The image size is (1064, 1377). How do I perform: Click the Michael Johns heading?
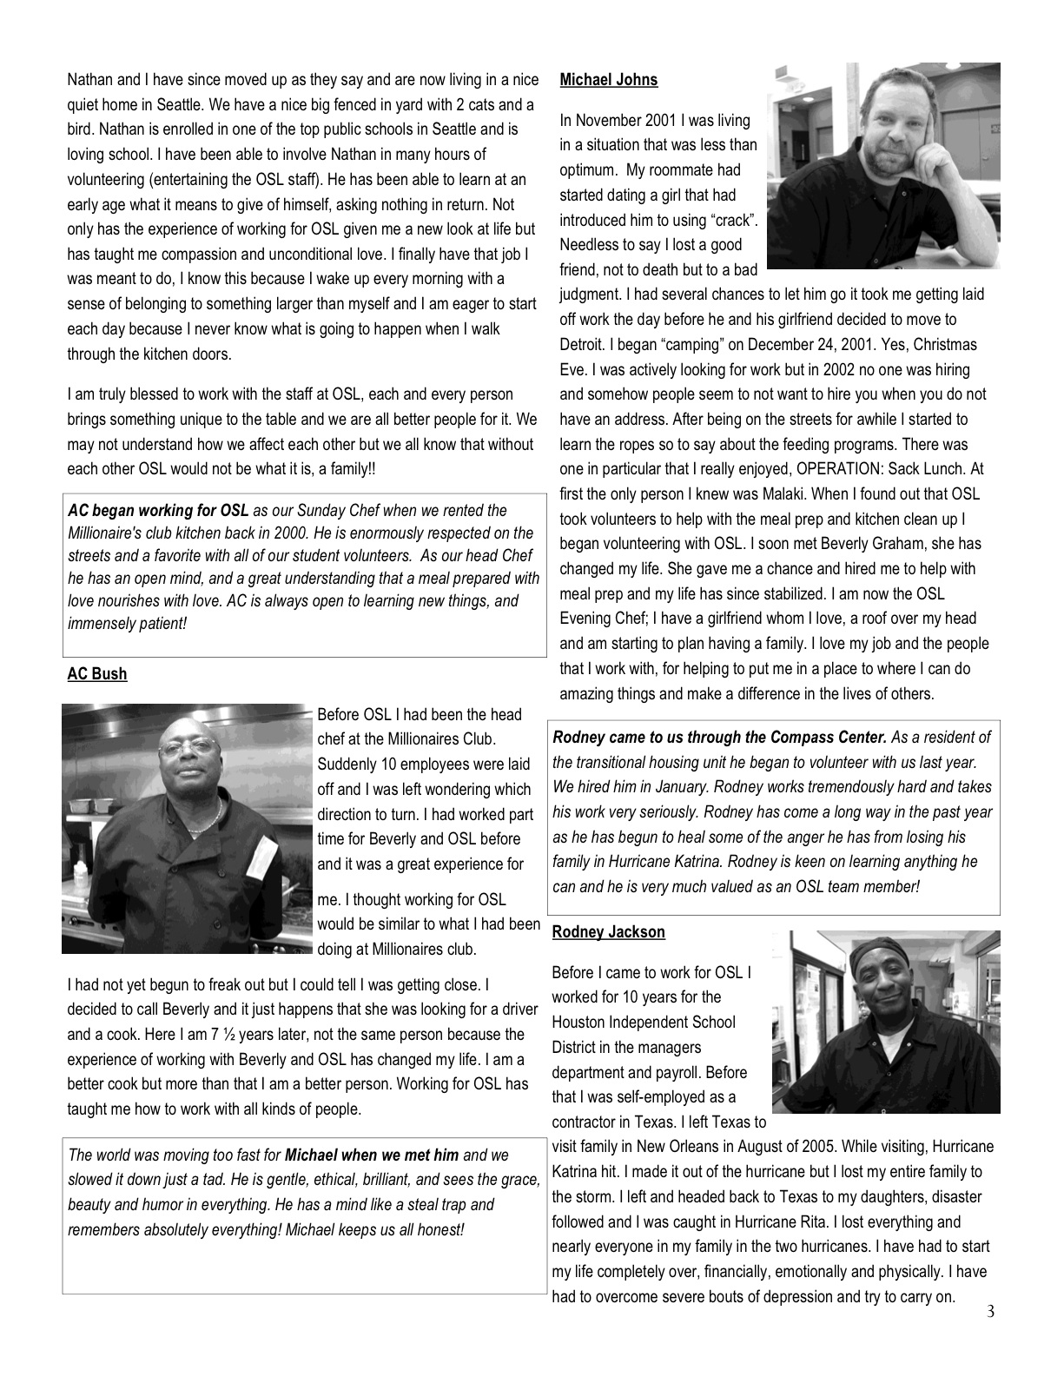[x=608, y=80]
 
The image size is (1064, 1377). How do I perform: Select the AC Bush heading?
[x=96, y=674]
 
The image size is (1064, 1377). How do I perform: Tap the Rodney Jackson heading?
[x=608, y=932]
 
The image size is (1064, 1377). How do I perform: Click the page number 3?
[x=990, y=1312]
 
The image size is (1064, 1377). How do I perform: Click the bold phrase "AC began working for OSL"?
[x=158, y=511]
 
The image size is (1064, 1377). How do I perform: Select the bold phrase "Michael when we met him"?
[x=371, y=1155]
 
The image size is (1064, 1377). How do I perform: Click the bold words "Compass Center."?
[x=829, y=738]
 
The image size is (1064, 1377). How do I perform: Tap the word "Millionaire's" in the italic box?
[x=109, y=533]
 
